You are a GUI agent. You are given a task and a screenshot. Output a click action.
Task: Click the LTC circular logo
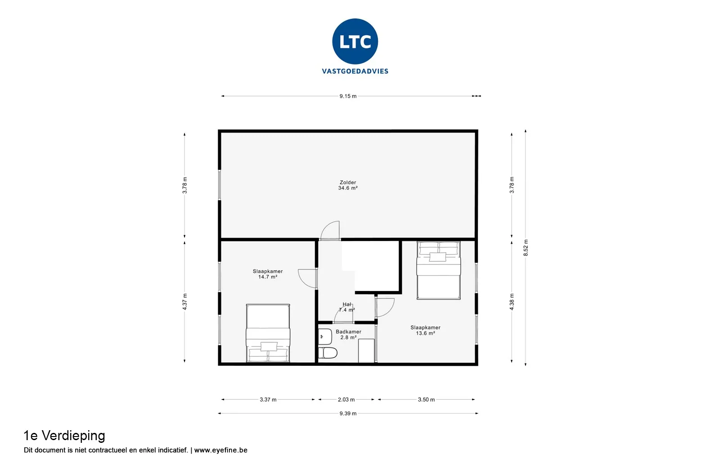click(x=355, y=41)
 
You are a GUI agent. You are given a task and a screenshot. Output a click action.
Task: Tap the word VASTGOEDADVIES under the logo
click(x=355, y=71)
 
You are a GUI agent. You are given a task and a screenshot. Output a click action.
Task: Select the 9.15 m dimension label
click(x=348, y=96)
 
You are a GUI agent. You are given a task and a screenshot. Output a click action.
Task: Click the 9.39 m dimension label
click(x=348, y=414)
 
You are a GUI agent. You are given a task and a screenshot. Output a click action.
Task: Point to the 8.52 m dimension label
click(x=526, y=248)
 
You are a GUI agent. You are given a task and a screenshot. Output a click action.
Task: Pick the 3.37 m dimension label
click(x=268, y=400)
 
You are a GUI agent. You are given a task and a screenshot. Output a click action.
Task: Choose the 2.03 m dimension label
click(x=346, y=400)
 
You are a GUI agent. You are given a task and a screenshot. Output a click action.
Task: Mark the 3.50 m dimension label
click(x=427, y=400)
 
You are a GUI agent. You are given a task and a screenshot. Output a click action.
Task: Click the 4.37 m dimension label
click(x=185, y=301)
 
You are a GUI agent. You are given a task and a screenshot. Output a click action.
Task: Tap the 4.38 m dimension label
click(x=512, y=301)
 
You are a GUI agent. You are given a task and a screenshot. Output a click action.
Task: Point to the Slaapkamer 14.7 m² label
click(x=268, y=274)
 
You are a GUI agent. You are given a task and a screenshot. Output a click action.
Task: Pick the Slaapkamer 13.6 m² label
click(x=425, y=330)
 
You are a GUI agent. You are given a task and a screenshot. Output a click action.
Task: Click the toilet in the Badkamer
click(x=328, y=353)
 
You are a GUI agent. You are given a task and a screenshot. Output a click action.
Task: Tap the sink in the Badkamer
click(x=325, y=337)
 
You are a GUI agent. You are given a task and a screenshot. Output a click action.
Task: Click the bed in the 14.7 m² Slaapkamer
click(x=268, y=333)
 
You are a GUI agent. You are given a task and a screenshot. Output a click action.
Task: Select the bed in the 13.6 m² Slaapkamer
click(x=439, y=270)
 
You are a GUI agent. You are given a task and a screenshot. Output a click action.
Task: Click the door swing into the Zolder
click(x=330, y=231)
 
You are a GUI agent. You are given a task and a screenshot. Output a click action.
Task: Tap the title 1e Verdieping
click(x=64, y=436)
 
